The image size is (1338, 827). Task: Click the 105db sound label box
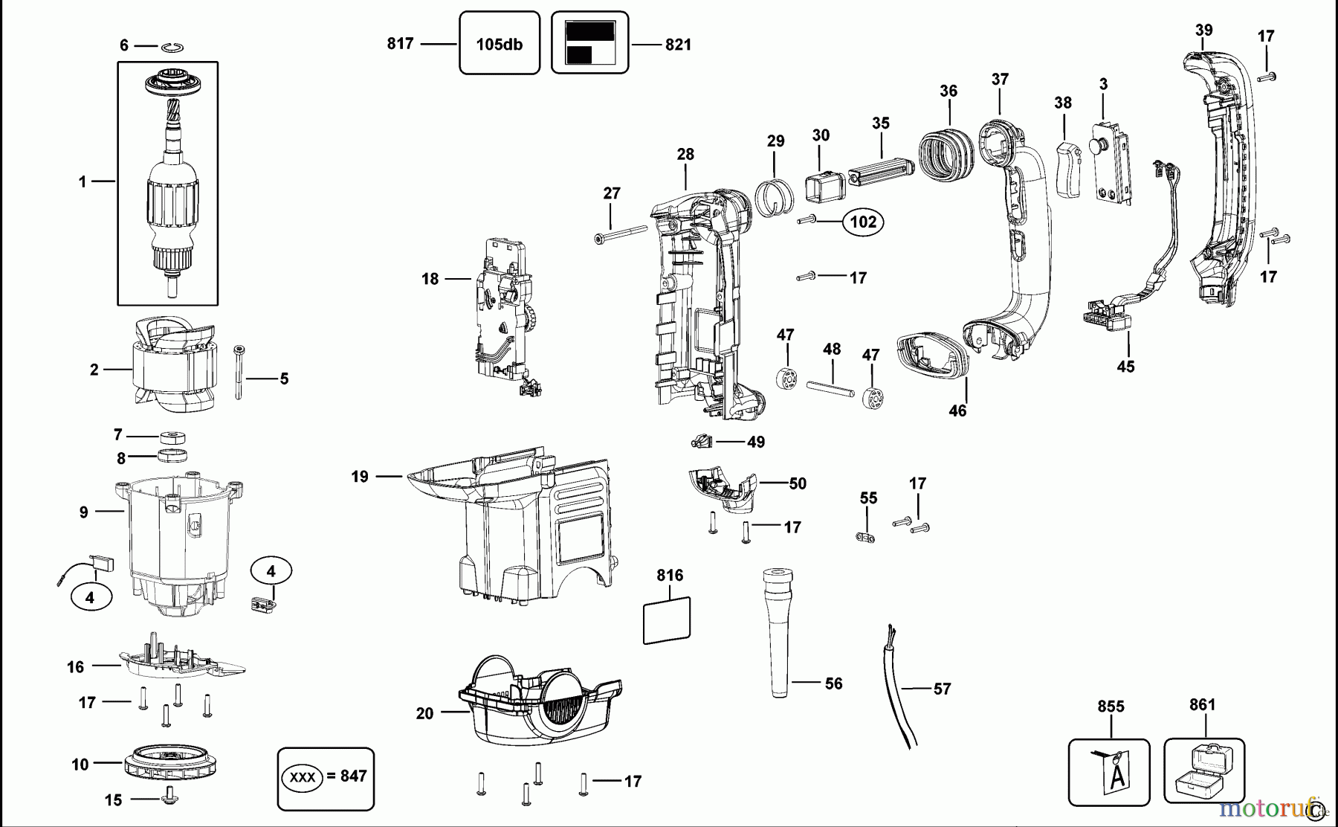499,43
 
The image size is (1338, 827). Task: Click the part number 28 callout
685,154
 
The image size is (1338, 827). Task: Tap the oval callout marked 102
862,222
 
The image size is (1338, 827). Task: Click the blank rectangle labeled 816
667,620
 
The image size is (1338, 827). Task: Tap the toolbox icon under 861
1203,771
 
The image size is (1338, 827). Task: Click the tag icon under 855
1110,772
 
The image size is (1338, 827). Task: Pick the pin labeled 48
832,391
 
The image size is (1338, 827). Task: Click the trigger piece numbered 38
1069,169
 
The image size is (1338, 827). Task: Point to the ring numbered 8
172,455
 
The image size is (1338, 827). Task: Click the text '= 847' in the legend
348,776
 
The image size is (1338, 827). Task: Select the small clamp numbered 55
864,536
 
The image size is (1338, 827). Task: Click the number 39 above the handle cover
1203,30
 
